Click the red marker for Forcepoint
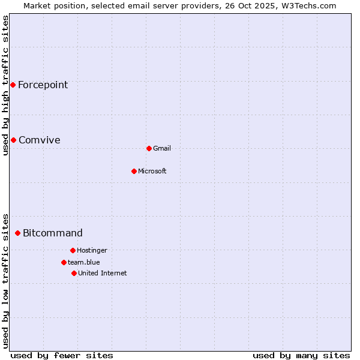pyautogui.click(x=13, y=85)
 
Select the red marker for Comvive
pyautogui.click(x=13, y=140)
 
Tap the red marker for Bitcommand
pyautogui.click(x=17, y=233)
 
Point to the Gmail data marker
pyautogui.click(x=149, y=148)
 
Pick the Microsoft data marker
pyautogui.click(x=134, y=171)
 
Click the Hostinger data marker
pyautogui.click(x=73, y=250)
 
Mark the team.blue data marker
pyautogui.click(x=64, y=262)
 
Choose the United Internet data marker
pyautogui.click(x=74, y=273)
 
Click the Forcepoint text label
pyautogui.click(x=43, y=85)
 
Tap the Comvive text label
pyautogui.click(x=39, y=140)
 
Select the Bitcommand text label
pyautogui.click(x=52, y=233)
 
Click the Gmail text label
pyautogui.click(x=162, y=148)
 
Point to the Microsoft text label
pyautogui.click(x=152, y=171)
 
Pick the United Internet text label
pyautogui.click(x=103, y=273)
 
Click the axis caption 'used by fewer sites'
pyautogui.click(x=62, y=355)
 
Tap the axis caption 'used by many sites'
pyautogui.click(x=301, y=355)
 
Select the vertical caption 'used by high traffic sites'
pyautogui.click(x=5, y=85)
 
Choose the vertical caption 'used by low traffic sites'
pyautogui.click(x=5, y=280)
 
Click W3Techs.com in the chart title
pyautogui.click(x=308, y=5)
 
